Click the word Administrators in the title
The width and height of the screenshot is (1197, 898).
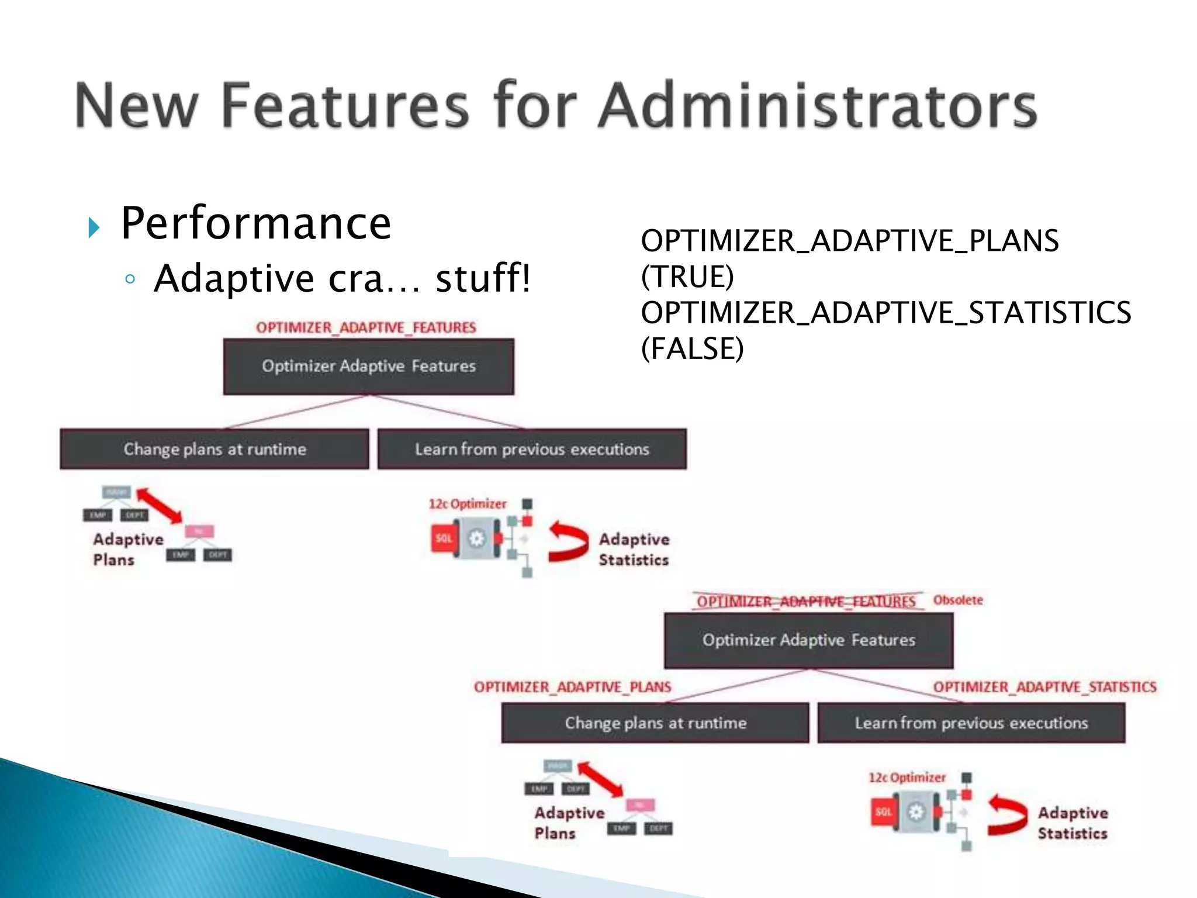(x=817, y=105)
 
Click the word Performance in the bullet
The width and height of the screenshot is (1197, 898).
(x=255, y=223)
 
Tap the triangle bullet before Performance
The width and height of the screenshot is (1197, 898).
(x=94, y=227)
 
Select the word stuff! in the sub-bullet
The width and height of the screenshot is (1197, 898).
(x=483, y=278)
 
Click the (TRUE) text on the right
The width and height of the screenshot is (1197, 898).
(x=687, y=277)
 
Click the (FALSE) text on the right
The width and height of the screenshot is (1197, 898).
(x=692, y=348)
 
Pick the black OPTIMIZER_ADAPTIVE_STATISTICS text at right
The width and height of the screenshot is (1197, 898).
(x=885, y=313)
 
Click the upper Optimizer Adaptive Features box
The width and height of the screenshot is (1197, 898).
(x=368, y=367)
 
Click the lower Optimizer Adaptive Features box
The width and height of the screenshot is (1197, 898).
(x=808, y=640)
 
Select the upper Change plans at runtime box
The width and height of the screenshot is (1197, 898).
(x=215, y=449)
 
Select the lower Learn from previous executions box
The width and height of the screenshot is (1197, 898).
(x=971, y=723)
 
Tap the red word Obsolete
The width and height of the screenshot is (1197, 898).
(x=957, y=600)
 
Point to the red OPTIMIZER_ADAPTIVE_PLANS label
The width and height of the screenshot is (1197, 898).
(x=572, y=687)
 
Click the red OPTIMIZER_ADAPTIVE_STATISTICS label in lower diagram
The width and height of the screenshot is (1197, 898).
(x=1044, y=687)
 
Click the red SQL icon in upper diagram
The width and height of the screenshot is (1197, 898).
(x=444, y=538)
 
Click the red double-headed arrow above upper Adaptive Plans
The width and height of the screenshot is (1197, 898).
(x=159, y=506)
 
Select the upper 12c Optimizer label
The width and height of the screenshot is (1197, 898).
(x=467, y=504)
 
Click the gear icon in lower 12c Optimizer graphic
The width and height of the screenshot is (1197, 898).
(x=915, y=812)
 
